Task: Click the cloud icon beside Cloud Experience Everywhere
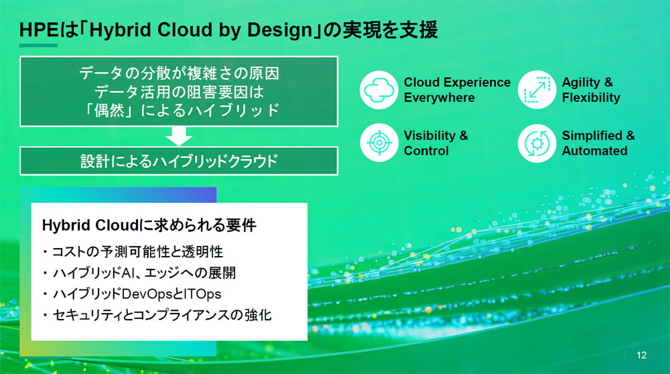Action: click(379, 90)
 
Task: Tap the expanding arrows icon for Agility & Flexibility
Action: click(537, 90)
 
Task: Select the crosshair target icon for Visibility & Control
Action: click(379, 143)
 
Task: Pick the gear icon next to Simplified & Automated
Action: click(537, 143)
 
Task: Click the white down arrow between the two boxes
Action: click(179, 136)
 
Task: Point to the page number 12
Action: click(641, 355)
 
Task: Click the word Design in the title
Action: click(280, 31)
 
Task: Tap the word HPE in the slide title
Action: click(38, 30)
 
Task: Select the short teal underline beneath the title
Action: click(38, 46)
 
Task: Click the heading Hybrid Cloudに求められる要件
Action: click(149, 225)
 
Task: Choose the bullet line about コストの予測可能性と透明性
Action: click(133, 252)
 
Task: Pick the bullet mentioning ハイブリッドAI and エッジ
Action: click(139, 273)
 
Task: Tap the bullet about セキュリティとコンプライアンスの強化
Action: click(157, 315)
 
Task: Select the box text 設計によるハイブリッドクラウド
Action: click(179, 161)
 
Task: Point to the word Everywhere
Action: click(440, 97)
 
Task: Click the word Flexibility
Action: click(591, 97)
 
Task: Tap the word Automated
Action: click(594, 150)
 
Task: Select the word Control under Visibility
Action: click(426, 150)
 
